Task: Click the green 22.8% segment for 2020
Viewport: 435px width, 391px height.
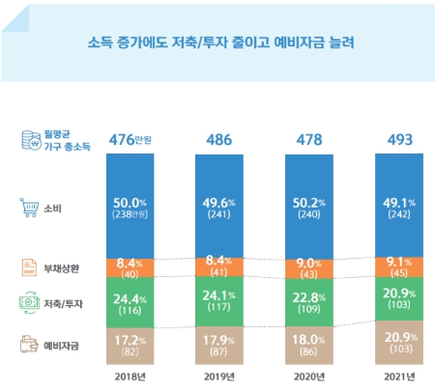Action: point(310,302)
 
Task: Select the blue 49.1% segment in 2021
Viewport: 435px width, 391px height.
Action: point(398,206)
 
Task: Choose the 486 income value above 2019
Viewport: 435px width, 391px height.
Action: point(222,139)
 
